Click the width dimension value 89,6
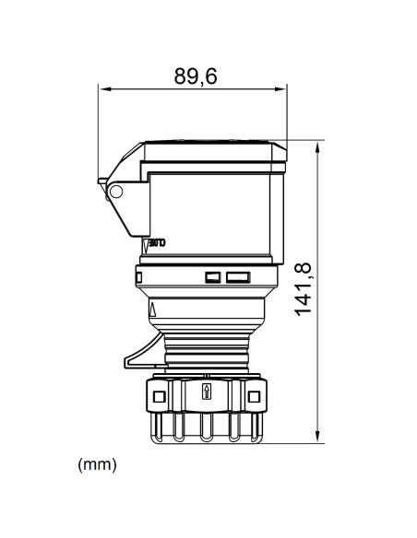click(196, 77)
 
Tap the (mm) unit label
click(98, 465)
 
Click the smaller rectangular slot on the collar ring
click(212, 276)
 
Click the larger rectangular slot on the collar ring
click(237, 276)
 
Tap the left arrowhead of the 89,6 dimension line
click(103, 89)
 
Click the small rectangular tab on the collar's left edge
click(138, 275)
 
